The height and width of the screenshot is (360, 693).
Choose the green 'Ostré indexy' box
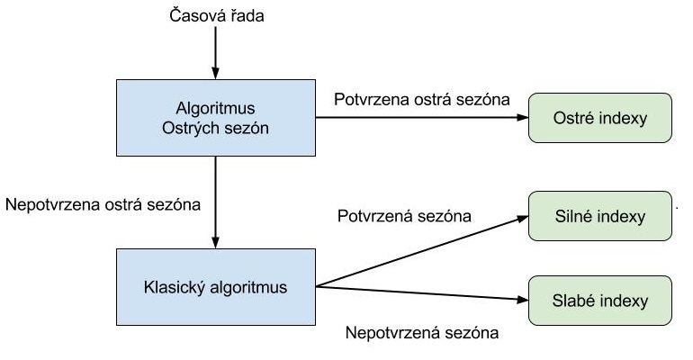point(600,117)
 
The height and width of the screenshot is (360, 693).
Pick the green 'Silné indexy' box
point(600,216)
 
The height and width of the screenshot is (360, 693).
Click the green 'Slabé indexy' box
point(600,298)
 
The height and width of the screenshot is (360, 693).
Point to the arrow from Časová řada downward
point(214,54)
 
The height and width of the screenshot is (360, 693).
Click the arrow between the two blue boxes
point(214,202)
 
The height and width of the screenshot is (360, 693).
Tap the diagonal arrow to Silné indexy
point(423,251)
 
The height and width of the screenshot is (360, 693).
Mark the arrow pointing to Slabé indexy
point(423,292)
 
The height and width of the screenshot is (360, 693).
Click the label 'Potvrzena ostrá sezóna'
point(421,97)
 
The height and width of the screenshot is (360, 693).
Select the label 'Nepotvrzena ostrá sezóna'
point(103,203)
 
